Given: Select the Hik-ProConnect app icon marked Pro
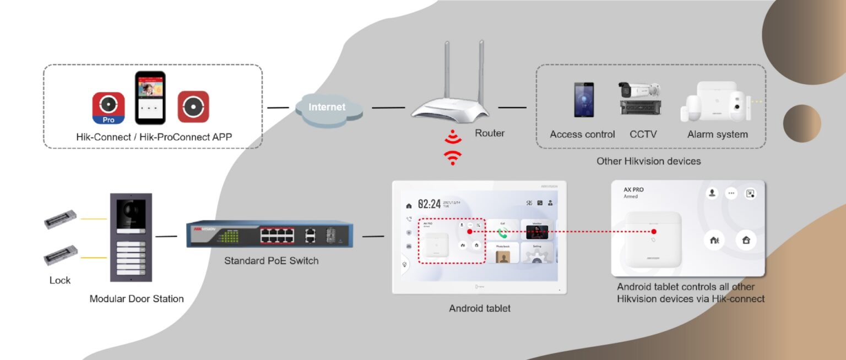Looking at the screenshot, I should [x=109, y=108].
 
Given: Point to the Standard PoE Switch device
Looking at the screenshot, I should [x=269, y=234].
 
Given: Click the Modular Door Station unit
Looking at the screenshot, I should [x=131, y=237].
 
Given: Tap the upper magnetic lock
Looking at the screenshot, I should [x=61, y=221].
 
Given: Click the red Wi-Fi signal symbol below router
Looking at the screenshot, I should [x=453, y=148].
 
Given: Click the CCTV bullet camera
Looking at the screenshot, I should [x=639, y=90].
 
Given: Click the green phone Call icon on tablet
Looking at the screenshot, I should [x=502, y=232].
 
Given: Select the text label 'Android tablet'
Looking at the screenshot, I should [x=479, y=308].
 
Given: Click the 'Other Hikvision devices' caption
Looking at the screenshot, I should [x=648, y=161].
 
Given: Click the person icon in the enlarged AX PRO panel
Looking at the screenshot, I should [x=712, y=193].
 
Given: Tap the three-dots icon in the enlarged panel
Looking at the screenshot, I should [x=731, y=193].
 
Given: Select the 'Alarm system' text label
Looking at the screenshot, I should [x=717, y=134].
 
